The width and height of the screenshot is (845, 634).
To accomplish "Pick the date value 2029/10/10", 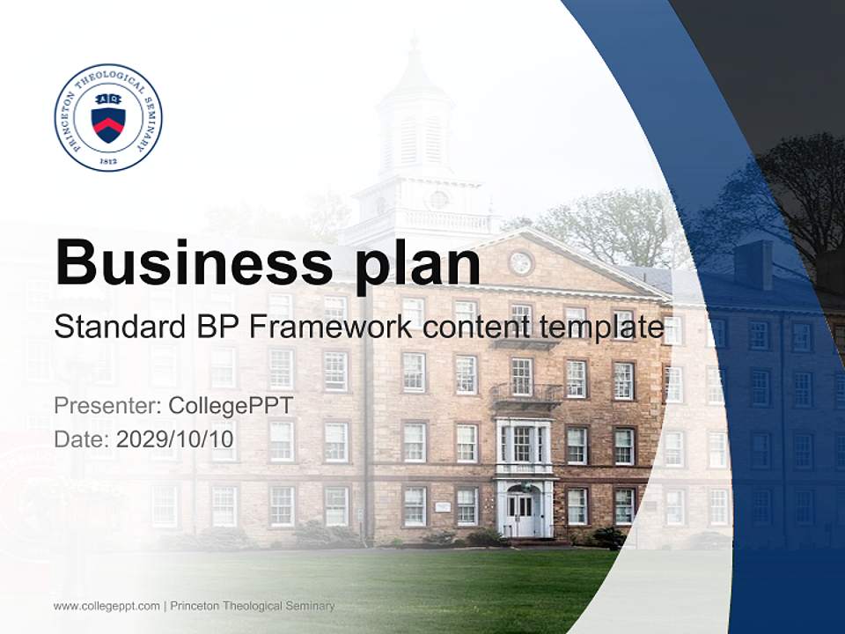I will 175,439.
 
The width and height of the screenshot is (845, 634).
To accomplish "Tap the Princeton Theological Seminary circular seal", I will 108,117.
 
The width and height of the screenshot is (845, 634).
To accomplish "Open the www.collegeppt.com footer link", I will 107,606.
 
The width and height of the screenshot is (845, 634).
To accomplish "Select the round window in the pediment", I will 520,262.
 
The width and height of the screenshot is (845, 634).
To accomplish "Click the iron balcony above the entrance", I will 525,394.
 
